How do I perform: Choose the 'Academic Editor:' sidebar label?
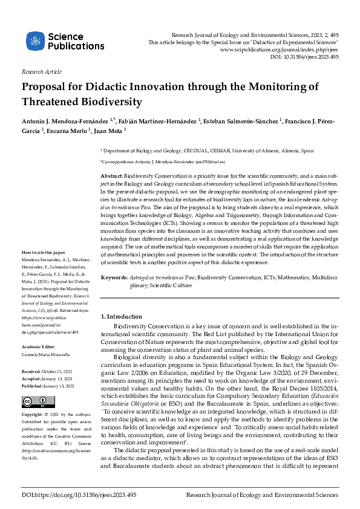(39, 346)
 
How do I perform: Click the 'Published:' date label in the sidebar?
(33, 384)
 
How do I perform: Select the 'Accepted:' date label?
(31, 377)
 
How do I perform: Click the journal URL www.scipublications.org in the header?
(279, 50)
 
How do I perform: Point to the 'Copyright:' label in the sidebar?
(33, 415)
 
